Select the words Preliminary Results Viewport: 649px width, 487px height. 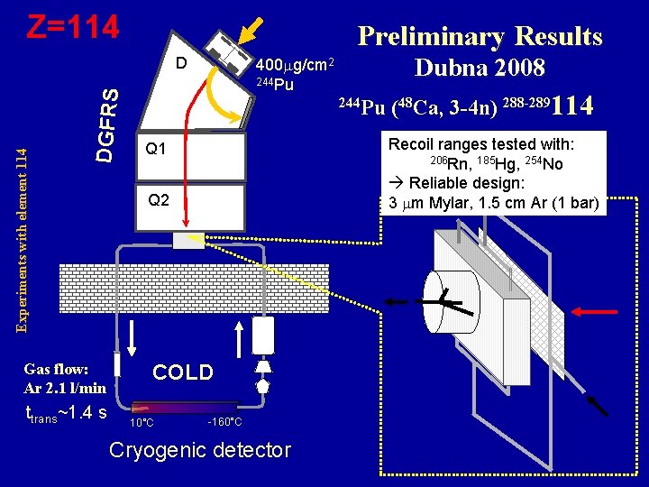pos(480,36)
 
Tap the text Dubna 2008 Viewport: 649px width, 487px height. pos(480,68)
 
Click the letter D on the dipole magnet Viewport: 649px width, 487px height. pos(181,63)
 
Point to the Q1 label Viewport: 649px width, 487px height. pos(156,147)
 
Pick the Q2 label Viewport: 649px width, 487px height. pos(158,200)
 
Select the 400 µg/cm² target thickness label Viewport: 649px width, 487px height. pos(296,65)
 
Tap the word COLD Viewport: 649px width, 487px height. pos(183,372)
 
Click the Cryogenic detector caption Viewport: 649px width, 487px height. pos(199,450)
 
